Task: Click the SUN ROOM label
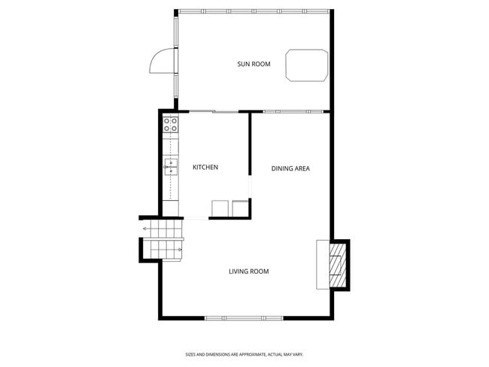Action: tap(254, 64)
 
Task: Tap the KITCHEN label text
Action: tap(205, 167)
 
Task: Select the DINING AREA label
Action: tap(290, 168)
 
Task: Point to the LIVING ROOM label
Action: tap(248, 271)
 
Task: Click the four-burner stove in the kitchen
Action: tap(171, 124)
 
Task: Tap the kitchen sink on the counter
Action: tap(171, 166)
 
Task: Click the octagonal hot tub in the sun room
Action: tap(306, 65)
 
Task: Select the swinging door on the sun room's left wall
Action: tap(161, 61)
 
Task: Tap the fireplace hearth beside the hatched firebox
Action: tap(323, 264)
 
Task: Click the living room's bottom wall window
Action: tap(244, 318)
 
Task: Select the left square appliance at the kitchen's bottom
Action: tap(220, 208)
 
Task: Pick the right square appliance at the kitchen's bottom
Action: tap(241, 208)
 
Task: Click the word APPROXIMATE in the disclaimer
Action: tap(250, 354)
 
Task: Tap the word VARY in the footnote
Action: tap(298, 354)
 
